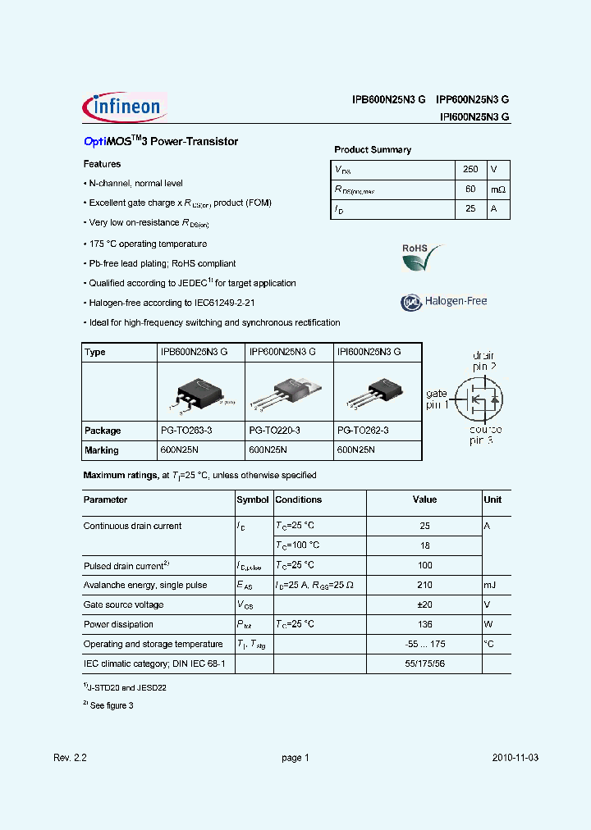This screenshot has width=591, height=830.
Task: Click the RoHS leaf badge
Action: (x=420, y=258)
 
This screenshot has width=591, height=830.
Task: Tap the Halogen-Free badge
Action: (x=444, y=302)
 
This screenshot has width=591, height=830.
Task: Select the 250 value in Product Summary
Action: (x=470, y=169)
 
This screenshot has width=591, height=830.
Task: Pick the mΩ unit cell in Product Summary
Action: (x=498, y=189)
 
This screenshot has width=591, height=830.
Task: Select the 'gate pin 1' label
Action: (x=438, y=399)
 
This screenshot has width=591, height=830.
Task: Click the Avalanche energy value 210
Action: (x=424, y=585)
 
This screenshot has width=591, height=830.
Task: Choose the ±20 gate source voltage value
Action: (x=424, y=604)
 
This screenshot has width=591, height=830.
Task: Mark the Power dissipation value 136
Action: (x=424, y=624)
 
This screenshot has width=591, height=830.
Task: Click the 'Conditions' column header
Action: (x=298, y=499)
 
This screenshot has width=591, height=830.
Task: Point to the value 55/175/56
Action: (x=424, y=664)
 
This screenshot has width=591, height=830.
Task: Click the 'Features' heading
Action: (x=102, y=164)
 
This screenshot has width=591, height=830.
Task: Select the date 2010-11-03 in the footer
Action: (x=515, y=758)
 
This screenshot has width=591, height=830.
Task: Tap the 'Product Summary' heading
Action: (x=373, y=150)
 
